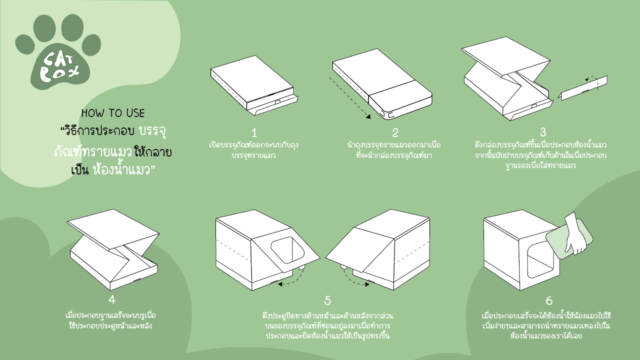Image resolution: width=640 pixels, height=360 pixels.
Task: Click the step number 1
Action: (254, 133)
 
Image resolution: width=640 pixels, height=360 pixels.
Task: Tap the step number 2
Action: (395, 133)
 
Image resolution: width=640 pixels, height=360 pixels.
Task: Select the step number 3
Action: (543, 132)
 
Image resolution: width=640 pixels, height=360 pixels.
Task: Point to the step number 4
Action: (112, 299)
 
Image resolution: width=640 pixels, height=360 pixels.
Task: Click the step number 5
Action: (327, 300)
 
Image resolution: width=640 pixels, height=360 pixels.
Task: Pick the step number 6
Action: (549, 300)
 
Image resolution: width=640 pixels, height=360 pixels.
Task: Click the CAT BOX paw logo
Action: (58, 51)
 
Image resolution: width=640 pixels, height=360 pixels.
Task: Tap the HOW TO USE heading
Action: (113, 113)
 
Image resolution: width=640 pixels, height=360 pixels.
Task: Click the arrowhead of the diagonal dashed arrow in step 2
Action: (368, 116)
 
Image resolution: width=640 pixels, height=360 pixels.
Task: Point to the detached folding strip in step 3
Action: (583, 88)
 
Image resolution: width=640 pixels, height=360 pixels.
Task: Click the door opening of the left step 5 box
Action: (287, 250)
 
